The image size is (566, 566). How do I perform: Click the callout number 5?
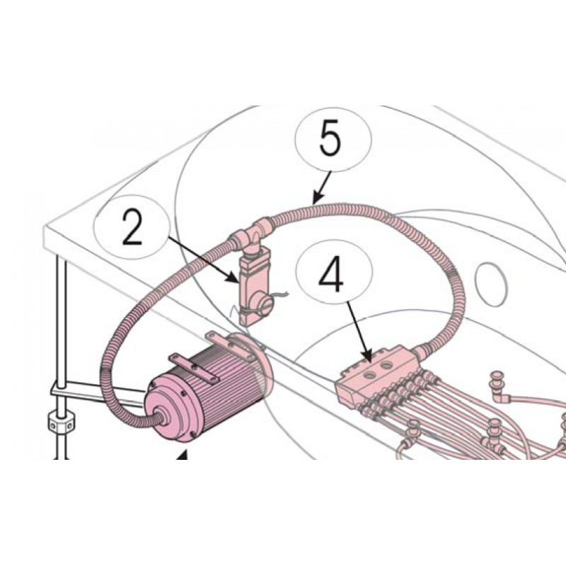tap(330, 138)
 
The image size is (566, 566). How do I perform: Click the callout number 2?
tap(132, 227)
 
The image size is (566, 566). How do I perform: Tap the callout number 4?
tap(331, 275)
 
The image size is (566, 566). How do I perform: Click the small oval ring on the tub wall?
tap(492, 284)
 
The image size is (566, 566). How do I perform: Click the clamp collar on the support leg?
tap(62, 421)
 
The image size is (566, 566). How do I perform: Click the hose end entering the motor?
tap(161, 419)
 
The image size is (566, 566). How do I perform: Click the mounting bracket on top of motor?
tap(194, 368)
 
